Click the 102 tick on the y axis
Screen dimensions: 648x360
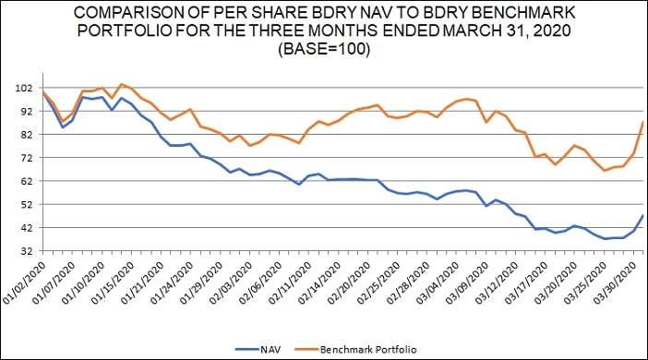(23, 88)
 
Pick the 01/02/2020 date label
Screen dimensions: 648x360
(25, 283)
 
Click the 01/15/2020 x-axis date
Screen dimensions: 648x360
(114, 283)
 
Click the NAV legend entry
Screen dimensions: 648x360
(258, 350)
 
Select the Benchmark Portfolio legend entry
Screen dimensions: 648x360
(355, 350)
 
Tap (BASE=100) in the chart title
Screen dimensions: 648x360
(324, 49)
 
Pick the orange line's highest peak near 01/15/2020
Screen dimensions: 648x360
(122, 84)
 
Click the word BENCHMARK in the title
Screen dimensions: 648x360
(522, 12)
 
